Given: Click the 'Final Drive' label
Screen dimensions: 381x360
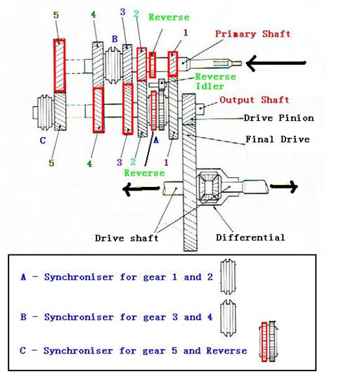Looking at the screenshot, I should click(x=277, y=139).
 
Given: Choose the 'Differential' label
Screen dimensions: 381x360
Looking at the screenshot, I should click(x=251, y=237).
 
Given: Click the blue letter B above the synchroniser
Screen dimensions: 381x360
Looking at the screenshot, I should click(x=113, y=39).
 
